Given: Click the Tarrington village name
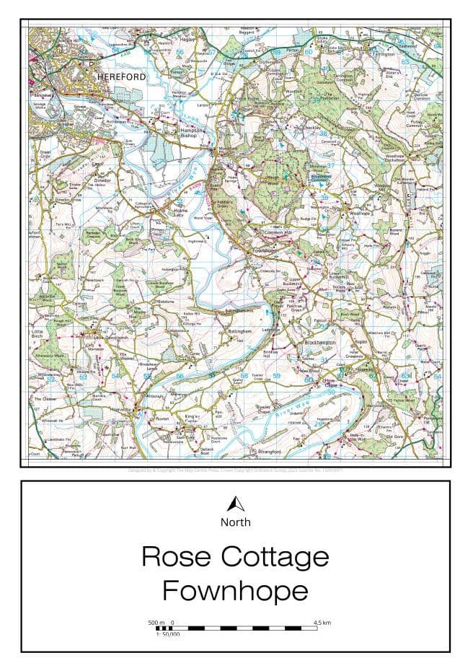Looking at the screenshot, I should pyautogui.click(x=384, y=54).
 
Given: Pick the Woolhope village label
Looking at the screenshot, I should pyautogui.click(x=358, y=214).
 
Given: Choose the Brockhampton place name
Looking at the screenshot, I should pyautogui.click(x=321, y=342).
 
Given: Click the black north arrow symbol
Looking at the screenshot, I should pyautogui.click(x=236, y=504).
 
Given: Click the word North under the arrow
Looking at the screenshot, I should pyautogui.click(x=236, y=522).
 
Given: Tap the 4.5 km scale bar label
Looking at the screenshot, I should pyautogui.click(x=322, y=622).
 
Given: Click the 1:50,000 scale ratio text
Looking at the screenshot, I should pyautogui.click(x=167, y=634).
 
